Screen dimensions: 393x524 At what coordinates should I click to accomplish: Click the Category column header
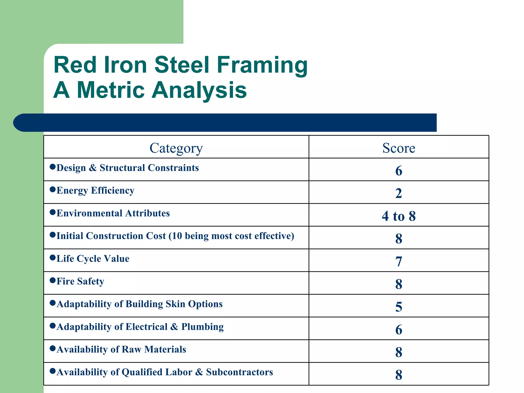coord(176,148)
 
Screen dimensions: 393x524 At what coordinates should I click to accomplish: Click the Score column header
coord(399,148)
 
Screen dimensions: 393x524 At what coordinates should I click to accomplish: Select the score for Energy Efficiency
coord(399,193)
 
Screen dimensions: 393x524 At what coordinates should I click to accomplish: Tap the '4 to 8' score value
coord(399,216)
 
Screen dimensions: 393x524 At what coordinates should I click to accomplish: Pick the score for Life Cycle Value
coord(399,261)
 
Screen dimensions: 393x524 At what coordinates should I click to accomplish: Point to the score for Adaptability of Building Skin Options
coord(399,307)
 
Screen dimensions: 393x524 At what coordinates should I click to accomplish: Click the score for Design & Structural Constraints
coord(399,171)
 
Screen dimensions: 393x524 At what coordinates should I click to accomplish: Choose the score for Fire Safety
coord(399,284)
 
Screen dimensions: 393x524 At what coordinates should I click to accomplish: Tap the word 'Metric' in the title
coord(111,90)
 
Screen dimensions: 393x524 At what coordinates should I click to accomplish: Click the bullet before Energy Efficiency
coord(53,190)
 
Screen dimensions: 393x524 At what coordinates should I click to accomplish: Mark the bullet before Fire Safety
coord(53,280)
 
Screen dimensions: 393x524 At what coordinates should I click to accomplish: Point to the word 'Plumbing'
coord(202,327)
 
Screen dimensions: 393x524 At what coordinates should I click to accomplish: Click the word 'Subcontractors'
coord(239,372)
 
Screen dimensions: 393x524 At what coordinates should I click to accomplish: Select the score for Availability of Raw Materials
coord(399,352)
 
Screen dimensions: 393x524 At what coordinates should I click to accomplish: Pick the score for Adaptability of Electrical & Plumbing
coord(399,330)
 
